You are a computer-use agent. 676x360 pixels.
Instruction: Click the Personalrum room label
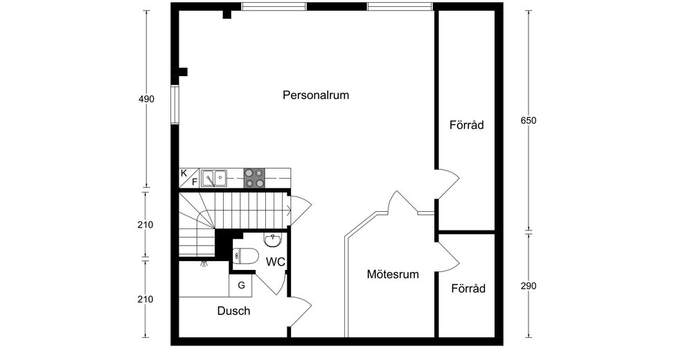[316, 95]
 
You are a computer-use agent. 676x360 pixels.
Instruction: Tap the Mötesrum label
[393, 274]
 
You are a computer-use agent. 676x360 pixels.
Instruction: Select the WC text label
[276, 261]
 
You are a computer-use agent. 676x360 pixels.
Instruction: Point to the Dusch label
[233, 311]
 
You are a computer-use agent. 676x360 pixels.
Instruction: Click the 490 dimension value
[146, 99]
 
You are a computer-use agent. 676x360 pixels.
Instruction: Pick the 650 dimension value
[528, 120]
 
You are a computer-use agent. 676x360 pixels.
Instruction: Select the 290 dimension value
[528, 286]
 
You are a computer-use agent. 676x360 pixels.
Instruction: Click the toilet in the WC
[245, 256]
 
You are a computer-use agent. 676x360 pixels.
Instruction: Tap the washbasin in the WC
[272, 240]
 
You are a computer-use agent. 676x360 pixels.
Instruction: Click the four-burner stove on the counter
[254, 178]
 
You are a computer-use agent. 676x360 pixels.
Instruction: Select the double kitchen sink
[215, 178]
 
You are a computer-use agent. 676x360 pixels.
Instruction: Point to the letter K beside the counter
[184, 173]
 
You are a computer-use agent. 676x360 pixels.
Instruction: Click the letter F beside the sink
[195, 182]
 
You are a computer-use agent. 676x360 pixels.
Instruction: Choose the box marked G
[241, 285]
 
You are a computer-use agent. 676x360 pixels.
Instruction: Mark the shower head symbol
[204, 262]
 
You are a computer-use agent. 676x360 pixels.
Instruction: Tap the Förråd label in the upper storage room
[466, 125]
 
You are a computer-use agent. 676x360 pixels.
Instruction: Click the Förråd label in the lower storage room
[468, 288]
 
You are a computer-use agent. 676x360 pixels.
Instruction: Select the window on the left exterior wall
[175, 105]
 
